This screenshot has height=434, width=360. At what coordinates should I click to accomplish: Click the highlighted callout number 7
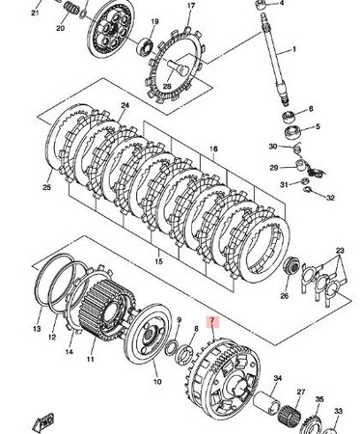coord(212,321)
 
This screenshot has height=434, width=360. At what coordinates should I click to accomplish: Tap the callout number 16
coord(213,149)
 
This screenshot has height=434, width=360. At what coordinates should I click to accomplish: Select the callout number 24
coord(125,105)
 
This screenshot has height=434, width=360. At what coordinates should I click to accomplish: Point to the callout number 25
coord(47,187)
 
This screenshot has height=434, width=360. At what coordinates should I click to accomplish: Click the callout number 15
coord(158,261)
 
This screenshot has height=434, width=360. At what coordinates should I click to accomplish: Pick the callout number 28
coord(167,86)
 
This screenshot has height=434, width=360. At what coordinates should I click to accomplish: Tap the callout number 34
coord(277,378)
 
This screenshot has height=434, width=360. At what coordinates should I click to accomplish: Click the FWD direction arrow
coord(42,421)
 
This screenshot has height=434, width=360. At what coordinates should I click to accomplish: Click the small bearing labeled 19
coord(145,45)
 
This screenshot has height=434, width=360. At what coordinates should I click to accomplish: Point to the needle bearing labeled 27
coord(288,414)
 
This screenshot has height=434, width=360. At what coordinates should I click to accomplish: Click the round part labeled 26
coord(291,266)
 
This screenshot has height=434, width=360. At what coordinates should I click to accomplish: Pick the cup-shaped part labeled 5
coord(292,133)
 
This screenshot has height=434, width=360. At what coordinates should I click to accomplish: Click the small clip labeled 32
coord(310,189)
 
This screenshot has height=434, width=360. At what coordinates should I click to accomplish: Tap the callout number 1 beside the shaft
coord(293,50)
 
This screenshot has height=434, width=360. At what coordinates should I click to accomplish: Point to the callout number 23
coord(340,251)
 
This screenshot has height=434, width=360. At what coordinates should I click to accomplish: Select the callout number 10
coord(157,382)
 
